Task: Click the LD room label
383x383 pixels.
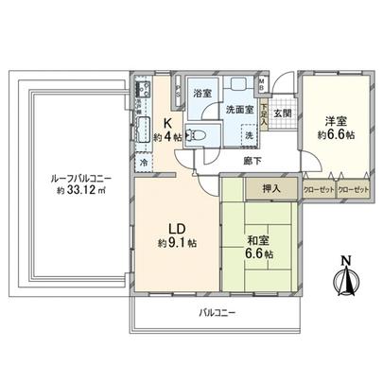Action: (x=176, y=228)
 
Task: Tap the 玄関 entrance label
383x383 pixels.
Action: (x=282, y=115)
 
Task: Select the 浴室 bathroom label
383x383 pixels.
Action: (x=201, y=95)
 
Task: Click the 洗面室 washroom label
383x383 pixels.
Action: (x=238, y=109)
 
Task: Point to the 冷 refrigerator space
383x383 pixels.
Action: (x=142, y=162)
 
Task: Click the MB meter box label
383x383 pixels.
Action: (x=261, y=82)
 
